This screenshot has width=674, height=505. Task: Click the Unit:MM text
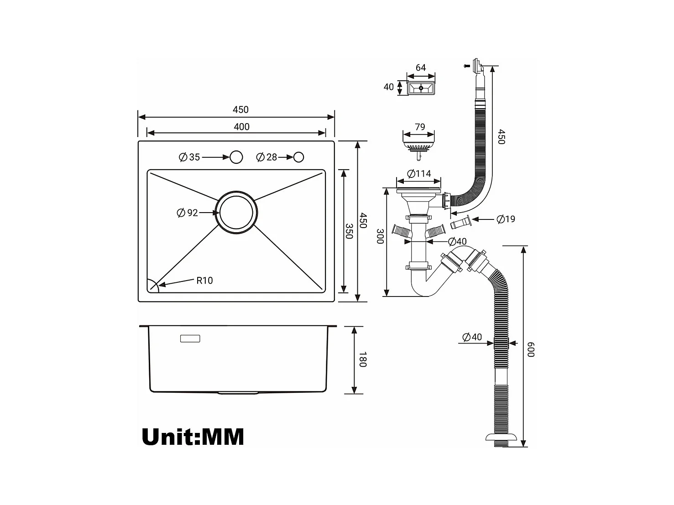(x=193, y=437)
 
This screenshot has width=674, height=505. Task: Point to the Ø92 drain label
(x=187, y=213)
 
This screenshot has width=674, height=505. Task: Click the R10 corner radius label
(x=204, y=280)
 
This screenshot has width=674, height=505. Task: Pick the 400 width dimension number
(x=241, y=126)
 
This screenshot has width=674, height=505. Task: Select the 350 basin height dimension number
(x=349, y=231)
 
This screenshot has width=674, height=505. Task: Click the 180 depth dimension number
(x=363, y=359)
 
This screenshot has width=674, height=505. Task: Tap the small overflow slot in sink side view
(x=190, y=338)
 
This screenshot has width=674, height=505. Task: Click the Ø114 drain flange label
(x=419, y=174)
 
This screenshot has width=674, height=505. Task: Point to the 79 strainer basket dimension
(x=420, y=127)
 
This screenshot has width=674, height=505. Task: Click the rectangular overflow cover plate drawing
(x=421, y=88)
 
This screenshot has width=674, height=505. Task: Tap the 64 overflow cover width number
(x=421, y=68)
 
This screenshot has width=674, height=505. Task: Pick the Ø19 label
(x=506, y=219)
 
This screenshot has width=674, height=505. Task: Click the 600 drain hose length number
(x=531, y=349)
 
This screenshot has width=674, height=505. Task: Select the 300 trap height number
(x=380, y=236)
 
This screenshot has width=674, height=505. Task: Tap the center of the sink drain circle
(x=236, y=213)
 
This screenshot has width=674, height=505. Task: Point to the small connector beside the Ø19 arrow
(x=461, y=222)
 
